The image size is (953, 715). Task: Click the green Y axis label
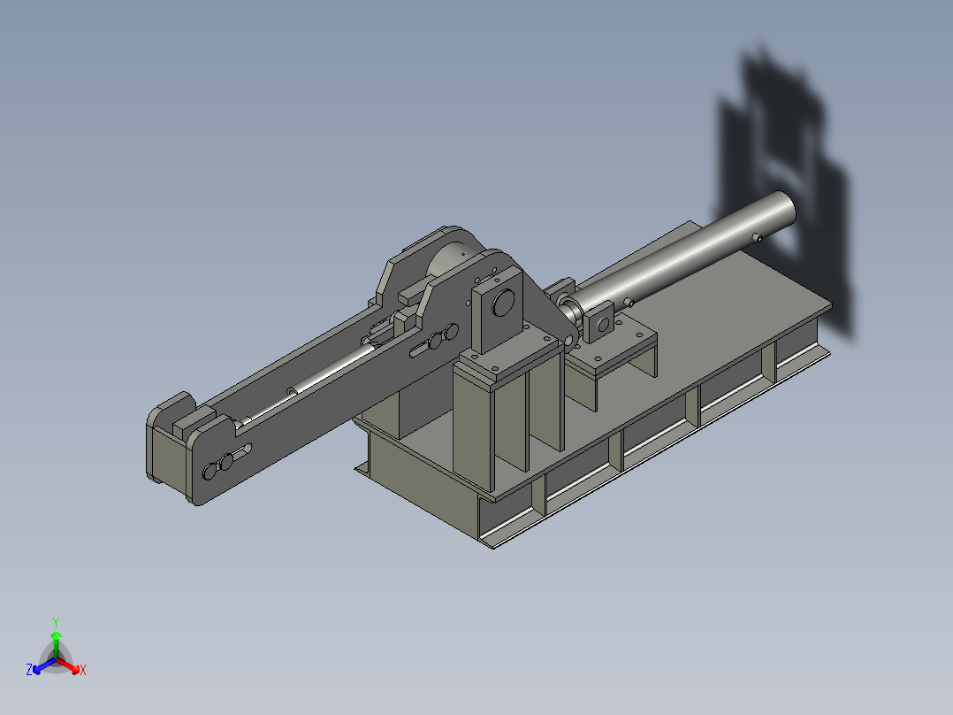coord(56,621)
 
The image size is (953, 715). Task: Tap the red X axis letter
coord(82,670)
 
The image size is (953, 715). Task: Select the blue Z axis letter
coord(29,670)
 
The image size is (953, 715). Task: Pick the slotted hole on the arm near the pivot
coord(434,340)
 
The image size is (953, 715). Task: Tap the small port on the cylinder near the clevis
coord(630,302)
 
